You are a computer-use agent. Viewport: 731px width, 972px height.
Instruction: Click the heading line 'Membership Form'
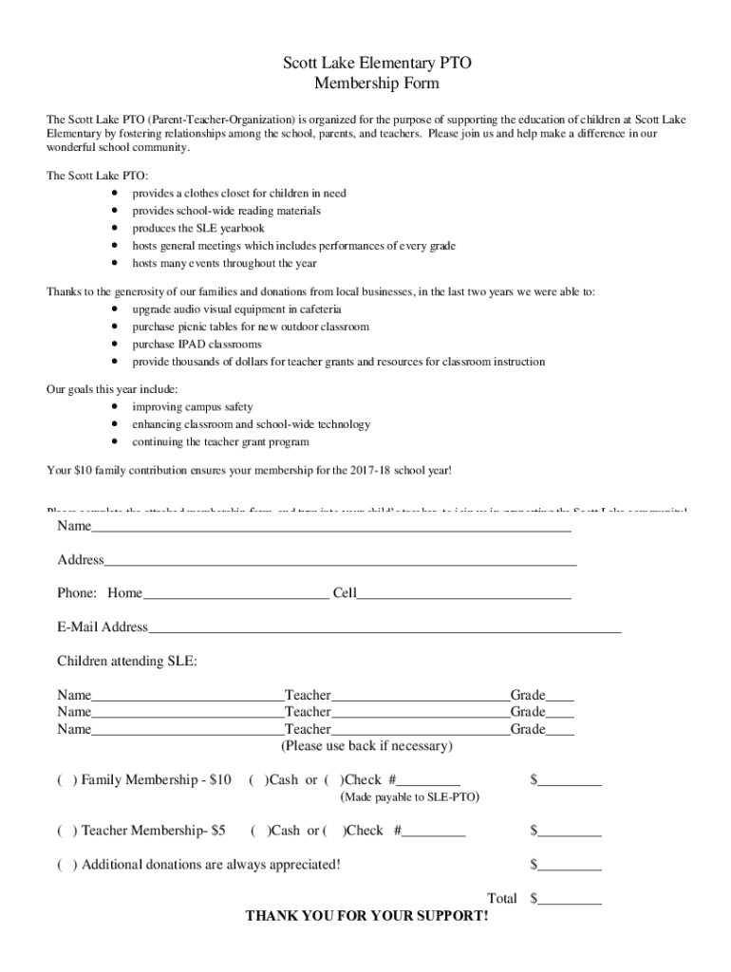pos(376,84)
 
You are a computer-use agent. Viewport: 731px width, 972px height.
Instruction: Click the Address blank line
pos(340,562)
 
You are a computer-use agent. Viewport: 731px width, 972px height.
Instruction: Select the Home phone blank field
pos(235,595)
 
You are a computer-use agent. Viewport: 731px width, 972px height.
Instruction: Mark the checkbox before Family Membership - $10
pos(66,780)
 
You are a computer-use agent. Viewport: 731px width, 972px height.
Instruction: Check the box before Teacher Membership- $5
pos(66,831)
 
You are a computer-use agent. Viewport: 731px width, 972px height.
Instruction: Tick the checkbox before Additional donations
pos(66,865)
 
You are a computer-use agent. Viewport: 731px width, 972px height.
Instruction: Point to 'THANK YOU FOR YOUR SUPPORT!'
pos(367,917)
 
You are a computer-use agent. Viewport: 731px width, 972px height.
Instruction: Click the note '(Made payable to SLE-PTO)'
pos(409,797)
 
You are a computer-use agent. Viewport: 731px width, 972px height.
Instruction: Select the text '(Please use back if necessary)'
pos(367,746)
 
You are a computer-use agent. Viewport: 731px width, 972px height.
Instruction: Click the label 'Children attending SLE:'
pos(127,661)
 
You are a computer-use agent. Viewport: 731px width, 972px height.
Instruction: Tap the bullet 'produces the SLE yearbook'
pos(197,228)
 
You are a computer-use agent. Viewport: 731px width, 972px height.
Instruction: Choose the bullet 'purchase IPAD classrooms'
pos(197,345)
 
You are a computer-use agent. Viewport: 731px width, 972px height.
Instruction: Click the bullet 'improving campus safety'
pos(192,406)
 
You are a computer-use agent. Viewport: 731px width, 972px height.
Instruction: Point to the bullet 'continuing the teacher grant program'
pos(220,441)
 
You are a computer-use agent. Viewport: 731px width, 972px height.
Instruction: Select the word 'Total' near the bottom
pos(501,898)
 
